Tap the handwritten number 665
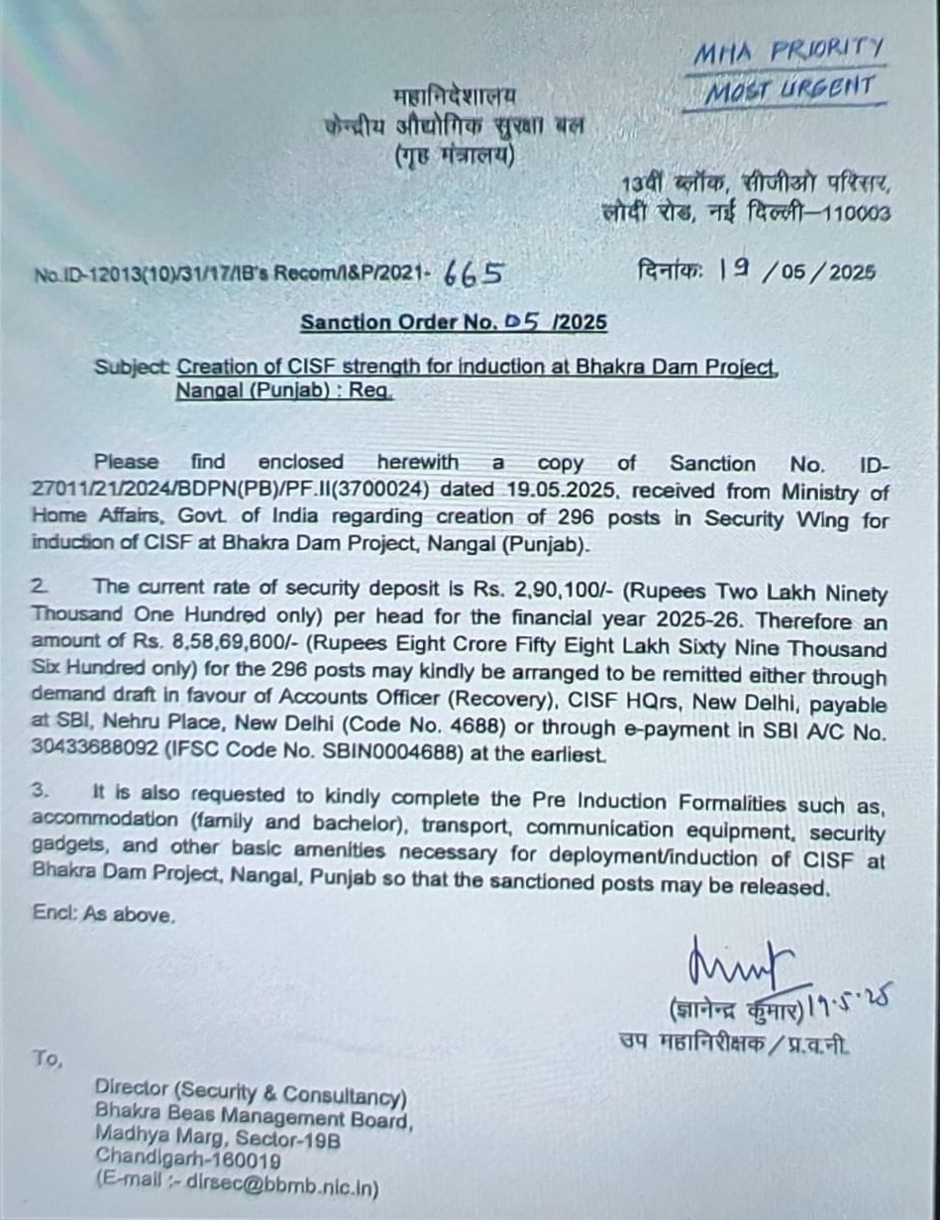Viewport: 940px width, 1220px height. click(x=473, y=276)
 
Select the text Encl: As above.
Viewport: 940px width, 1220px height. click(x=104, y=915)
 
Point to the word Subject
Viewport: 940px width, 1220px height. click(x=132, y=366)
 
